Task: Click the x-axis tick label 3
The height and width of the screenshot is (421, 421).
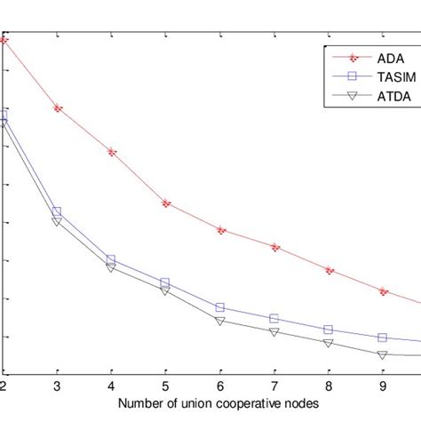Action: [x=57, y=386]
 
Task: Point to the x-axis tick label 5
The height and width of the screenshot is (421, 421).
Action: [x=165, y=386]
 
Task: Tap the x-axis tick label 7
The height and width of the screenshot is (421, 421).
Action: [x=274, y=386]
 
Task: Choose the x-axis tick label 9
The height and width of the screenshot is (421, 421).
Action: [x=383, y=386]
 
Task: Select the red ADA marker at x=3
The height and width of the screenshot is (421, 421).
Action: [x=58, y=108]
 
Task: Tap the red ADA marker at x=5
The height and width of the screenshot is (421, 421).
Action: [x=165, y=203]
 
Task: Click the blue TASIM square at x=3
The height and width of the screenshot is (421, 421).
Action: [x=57, y=212]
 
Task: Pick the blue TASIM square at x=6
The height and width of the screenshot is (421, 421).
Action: [x=220, y=307]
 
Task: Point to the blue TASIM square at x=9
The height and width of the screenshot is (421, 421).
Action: [x=383, y=338]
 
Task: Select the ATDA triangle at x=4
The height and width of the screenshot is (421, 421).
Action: [x=111, y=266]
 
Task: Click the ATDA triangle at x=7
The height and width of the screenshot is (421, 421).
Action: [x=274, y=332]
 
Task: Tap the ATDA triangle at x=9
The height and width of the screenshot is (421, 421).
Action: [x=383, y=354]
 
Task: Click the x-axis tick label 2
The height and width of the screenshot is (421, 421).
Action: [x=4, y=386]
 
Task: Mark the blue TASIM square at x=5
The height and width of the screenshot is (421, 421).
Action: [x=165, y=282]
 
